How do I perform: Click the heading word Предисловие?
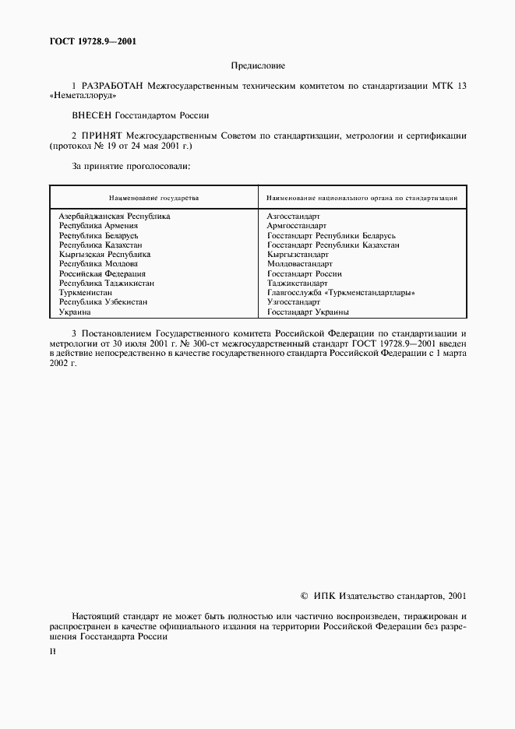click(x=259, y=66)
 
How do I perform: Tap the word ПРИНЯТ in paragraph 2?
click(x=101, y=136)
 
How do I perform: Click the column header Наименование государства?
click(x=153, y=198)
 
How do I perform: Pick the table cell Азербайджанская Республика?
click(x=115, y=216)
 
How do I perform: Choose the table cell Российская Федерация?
click(x=102, y=273)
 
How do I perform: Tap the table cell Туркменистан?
click(x=86, y=292)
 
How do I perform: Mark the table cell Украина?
click(x=76, y=312)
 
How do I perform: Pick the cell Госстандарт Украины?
click(x=307, y=312)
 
